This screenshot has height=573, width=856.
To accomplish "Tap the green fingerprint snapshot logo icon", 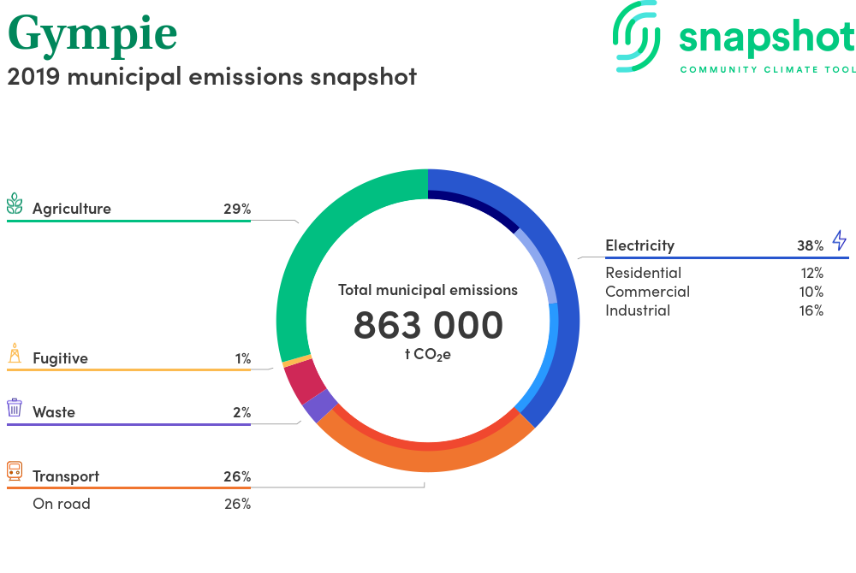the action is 636,36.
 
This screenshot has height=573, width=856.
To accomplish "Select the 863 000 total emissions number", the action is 428,326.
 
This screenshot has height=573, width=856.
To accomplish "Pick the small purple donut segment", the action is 320,405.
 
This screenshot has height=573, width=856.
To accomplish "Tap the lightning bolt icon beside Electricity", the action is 839,240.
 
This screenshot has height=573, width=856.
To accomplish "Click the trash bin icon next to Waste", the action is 15,407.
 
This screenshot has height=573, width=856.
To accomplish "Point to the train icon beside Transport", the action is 15,471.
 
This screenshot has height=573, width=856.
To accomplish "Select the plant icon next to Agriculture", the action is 15,204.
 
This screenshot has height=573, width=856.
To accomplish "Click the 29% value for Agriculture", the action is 237,209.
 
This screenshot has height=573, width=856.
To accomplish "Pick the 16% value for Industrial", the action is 811,310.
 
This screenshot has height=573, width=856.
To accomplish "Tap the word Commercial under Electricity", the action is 647,292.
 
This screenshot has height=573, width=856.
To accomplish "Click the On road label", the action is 62,504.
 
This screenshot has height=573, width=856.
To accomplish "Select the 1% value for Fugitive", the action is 243,358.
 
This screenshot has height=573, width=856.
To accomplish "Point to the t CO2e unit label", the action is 428,355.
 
